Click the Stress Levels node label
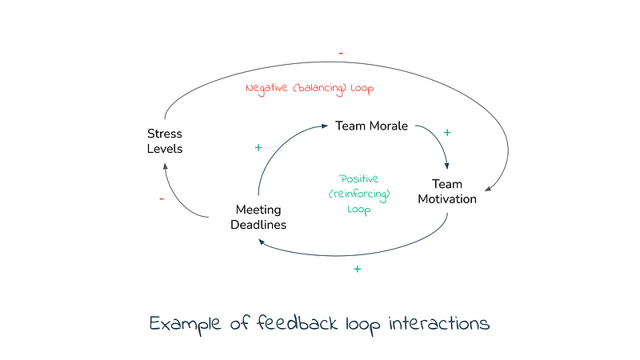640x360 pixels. coord(165,141)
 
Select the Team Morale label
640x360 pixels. coord(371,126)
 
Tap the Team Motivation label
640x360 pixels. coord(447,191)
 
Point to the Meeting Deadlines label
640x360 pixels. coord(258,217)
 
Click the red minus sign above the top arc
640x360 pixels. coord(341,53)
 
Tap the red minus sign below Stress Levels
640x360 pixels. coord(162,198)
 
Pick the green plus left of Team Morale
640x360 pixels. coord(258,148)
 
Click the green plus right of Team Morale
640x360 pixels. coord(446,132)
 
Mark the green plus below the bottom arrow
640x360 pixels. coord(357,269)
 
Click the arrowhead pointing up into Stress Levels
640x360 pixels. coord(166,166)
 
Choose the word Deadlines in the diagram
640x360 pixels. coord(258,225)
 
